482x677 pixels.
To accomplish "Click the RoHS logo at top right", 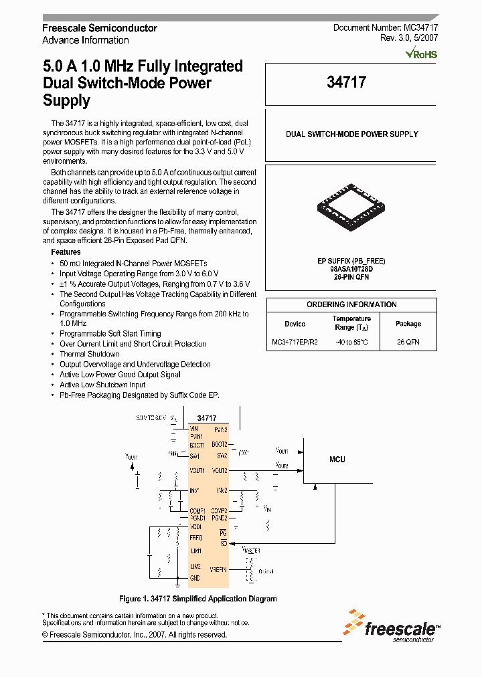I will tap(421, 54).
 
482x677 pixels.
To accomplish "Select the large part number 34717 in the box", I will tap(346, 82).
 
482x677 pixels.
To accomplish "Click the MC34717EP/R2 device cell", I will tap(295, 342).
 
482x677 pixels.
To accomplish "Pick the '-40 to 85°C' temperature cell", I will tap(352, 342).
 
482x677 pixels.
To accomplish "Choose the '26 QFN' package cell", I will tap(408, 342).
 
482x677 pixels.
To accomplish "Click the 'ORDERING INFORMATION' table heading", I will tap(351, 304).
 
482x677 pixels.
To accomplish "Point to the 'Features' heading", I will tap(66, 252).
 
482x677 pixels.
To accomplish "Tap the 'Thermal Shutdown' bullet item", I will tap(89, 354).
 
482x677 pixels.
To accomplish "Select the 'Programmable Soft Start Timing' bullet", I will tap(110, 333).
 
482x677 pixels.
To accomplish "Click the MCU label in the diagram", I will tap(337, 460).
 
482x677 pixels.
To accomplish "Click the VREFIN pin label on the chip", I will tap(219, 569).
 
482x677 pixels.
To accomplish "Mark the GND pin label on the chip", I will tap(195, 578).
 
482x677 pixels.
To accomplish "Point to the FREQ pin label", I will tap(196, 537).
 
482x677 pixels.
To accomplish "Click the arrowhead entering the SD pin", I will tap(232, 543).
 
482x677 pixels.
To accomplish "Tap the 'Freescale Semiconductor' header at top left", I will tap(100, 28).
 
